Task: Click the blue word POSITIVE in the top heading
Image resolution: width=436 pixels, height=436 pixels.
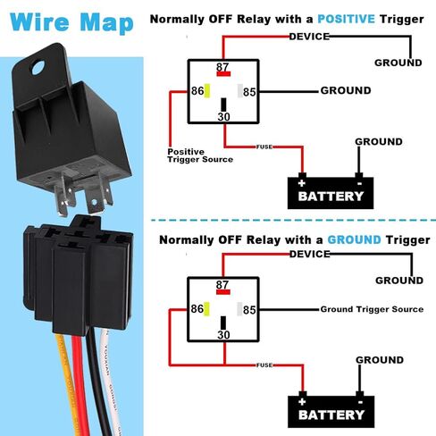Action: (346, 20)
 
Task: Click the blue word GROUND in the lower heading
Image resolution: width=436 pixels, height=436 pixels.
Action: (355, 239)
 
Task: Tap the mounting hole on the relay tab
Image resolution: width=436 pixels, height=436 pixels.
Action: (38, 68)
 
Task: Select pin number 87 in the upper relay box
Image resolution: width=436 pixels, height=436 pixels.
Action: (222, 67)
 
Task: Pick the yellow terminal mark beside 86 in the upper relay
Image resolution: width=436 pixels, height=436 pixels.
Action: (207, 91)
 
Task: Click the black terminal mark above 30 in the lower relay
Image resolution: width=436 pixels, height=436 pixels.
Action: (223, 323)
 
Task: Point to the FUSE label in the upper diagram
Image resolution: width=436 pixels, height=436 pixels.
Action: (264, 147)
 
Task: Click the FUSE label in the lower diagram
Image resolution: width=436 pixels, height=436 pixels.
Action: (264, 365)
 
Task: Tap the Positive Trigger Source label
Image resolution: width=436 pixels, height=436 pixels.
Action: (200, 155)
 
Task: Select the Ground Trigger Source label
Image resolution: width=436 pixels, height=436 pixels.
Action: (372, 309)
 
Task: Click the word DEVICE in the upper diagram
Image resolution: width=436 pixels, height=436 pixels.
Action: (309, 37)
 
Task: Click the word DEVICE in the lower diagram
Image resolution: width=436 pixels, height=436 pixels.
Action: (310, 254)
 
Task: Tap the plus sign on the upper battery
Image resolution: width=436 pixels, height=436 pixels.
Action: (302, 183)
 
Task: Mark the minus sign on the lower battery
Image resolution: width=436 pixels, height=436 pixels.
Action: (360, 402)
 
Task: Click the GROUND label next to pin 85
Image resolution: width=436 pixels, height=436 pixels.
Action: (346, 90)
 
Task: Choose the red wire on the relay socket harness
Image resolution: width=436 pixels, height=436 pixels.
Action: (80, 384)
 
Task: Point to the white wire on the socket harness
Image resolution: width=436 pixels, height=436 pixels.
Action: (112, 382)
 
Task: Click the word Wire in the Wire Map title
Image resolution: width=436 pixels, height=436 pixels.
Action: (39, 22)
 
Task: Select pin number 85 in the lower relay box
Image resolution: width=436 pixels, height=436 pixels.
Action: (249, 310)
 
